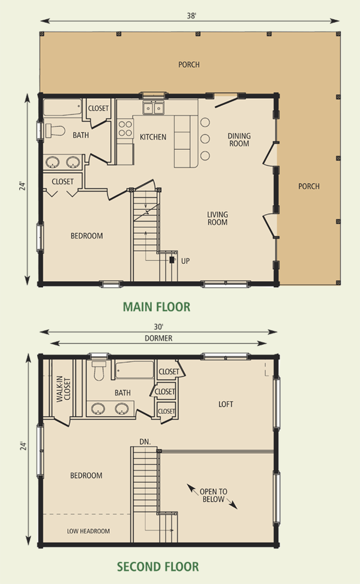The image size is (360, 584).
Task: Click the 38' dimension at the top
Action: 191,16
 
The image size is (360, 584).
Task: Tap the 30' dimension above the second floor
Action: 159,327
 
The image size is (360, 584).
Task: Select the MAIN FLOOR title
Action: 157,307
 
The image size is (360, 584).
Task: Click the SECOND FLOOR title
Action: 158,567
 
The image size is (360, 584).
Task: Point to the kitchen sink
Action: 154,108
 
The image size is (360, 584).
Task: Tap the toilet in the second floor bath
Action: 98,371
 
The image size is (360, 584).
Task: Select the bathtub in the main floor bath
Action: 62,108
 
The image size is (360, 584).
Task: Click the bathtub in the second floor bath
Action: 134,370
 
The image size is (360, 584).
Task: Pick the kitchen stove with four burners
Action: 125,128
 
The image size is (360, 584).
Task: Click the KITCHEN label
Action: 153,137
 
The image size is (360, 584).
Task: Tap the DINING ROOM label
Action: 239,140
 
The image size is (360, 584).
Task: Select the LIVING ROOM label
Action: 218,218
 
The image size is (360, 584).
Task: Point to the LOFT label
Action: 226,404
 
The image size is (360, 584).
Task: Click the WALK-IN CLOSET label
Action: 64,389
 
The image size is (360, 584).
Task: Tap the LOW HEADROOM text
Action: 88,531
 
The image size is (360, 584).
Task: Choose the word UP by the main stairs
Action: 185,261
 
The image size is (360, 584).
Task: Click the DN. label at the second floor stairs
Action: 145,442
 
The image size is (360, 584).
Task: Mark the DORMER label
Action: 159,338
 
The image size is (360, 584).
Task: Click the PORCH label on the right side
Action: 309,186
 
